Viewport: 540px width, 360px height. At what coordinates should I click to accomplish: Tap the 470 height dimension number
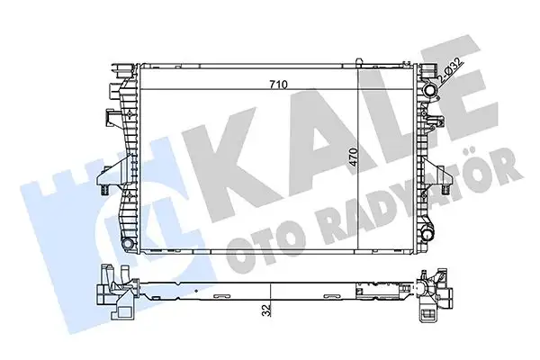[x=355, y=160]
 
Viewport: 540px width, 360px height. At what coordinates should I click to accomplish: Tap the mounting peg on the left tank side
[x=103, y=192]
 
